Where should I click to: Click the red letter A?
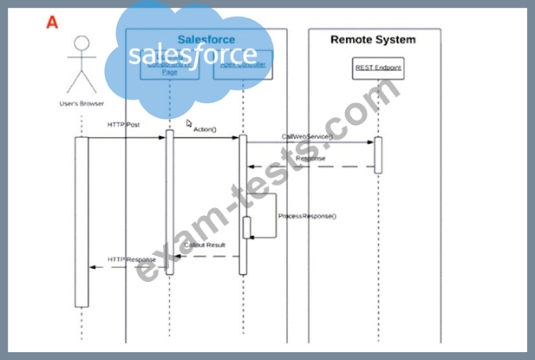click(53, 23)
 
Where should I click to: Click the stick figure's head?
click(82, 43)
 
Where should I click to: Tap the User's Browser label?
click(81, 104)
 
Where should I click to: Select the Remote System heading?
click(373, 40)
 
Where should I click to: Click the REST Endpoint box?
click(377, 68)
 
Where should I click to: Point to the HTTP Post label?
click(124, 125)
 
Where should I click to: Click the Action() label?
click(205, 129)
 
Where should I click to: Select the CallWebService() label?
click(307, 136)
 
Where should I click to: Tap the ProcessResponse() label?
click(307, 215)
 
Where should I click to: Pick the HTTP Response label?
click(132, 259)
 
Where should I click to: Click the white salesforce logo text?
click(192, 55)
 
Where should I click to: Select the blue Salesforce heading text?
click(206, 40)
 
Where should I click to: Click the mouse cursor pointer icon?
click(190, 123)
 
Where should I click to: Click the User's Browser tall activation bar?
click(81, 221)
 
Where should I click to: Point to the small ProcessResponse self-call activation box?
click(247, 227)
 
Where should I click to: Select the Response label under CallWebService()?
click(310, 159)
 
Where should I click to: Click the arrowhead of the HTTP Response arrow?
click(92, 267)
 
